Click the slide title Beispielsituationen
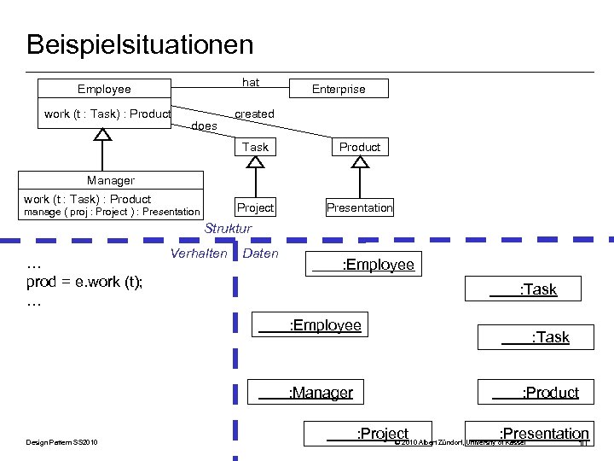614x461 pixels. click(140, 44)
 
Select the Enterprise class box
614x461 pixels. click(339, 89)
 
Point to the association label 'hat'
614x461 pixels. click(251, 82)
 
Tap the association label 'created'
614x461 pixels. click(254, 114)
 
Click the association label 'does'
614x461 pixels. click(204, 126)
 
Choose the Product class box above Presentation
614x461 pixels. click(360, 147)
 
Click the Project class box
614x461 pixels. click(255, 207)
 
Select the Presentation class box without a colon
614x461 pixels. click(360, 207)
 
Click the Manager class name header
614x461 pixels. click(111, 180)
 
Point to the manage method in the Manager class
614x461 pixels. click(111, 212)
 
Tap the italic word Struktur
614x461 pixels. click(228, 229)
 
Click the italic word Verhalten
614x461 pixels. click(199, 254)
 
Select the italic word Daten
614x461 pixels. click(260, 254)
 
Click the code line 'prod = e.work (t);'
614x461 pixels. click(85, 283)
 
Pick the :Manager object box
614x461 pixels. click(306, 393)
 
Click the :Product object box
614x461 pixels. click(539, 393)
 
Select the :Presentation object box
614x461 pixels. click(529, 434)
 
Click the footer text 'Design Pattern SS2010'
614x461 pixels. click(61, 442)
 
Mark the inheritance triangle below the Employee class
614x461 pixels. click(102, 134)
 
